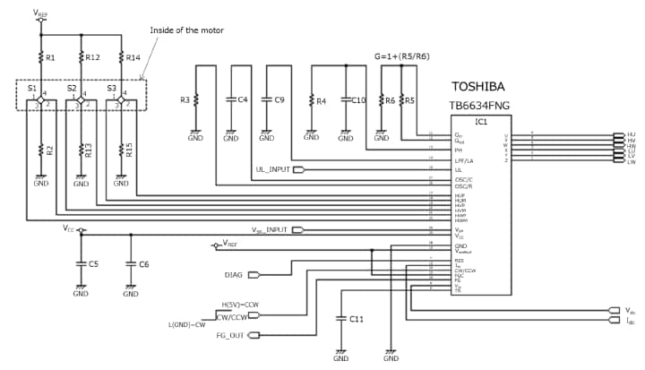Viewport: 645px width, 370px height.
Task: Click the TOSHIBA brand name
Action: (477, 87)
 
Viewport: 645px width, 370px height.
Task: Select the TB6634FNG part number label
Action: (481, 105)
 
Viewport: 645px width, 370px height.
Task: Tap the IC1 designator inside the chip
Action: (481, 120)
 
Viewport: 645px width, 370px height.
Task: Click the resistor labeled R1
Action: (40, 57)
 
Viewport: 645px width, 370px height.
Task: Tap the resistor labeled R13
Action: (81, 150)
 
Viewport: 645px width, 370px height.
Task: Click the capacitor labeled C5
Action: (81, 264)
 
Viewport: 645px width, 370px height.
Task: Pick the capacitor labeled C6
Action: (131, 264)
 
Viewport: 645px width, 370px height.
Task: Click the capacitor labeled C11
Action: (341, 319)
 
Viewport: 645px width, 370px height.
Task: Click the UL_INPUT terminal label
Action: (273, 169)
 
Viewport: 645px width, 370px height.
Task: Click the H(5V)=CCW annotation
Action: (239, 305)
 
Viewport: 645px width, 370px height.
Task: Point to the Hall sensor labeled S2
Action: (71, 88)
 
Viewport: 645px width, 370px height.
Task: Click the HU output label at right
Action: (631, 134)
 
